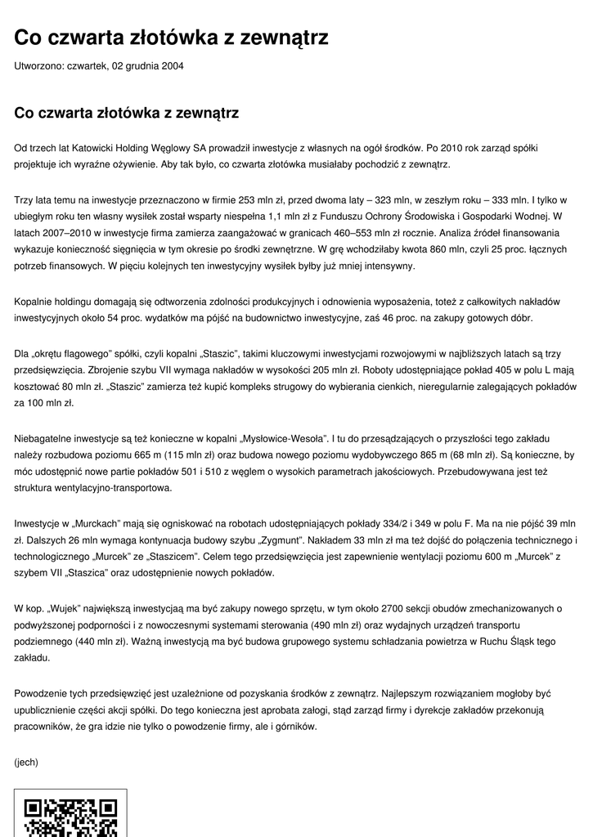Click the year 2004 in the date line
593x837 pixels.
171,66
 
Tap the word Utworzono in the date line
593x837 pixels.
36,66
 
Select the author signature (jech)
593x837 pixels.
26,762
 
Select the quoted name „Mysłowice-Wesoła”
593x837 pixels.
281,440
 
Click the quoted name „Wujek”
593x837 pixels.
65,608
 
